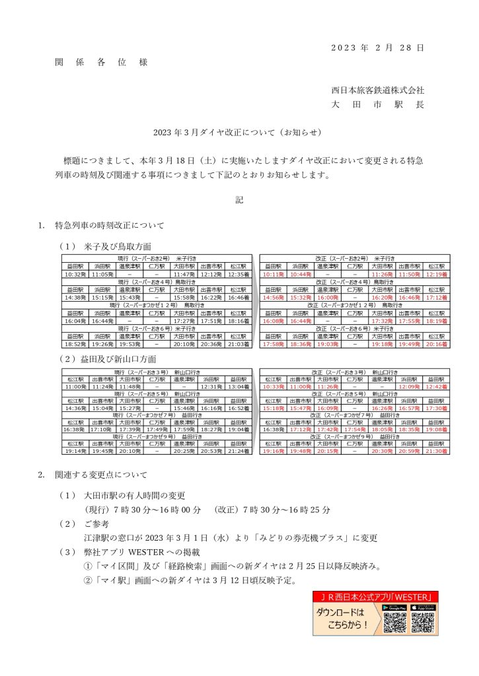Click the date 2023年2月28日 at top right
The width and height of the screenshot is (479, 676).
(x=377, y=48)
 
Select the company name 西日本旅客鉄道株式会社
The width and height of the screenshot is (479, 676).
(x=377, y=90)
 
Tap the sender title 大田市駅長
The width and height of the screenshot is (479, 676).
(x=377, y=105)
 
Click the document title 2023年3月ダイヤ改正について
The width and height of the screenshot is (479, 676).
(x=239, y=132)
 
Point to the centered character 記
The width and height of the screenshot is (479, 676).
(x=239, y=200)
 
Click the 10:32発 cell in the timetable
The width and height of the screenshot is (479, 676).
(x=75, y=274)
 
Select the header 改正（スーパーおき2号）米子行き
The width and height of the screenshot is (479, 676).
(x=355, y=258)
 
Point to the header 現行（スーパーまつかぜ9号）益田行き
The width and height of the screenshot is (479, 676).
(x=157, y=436)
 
